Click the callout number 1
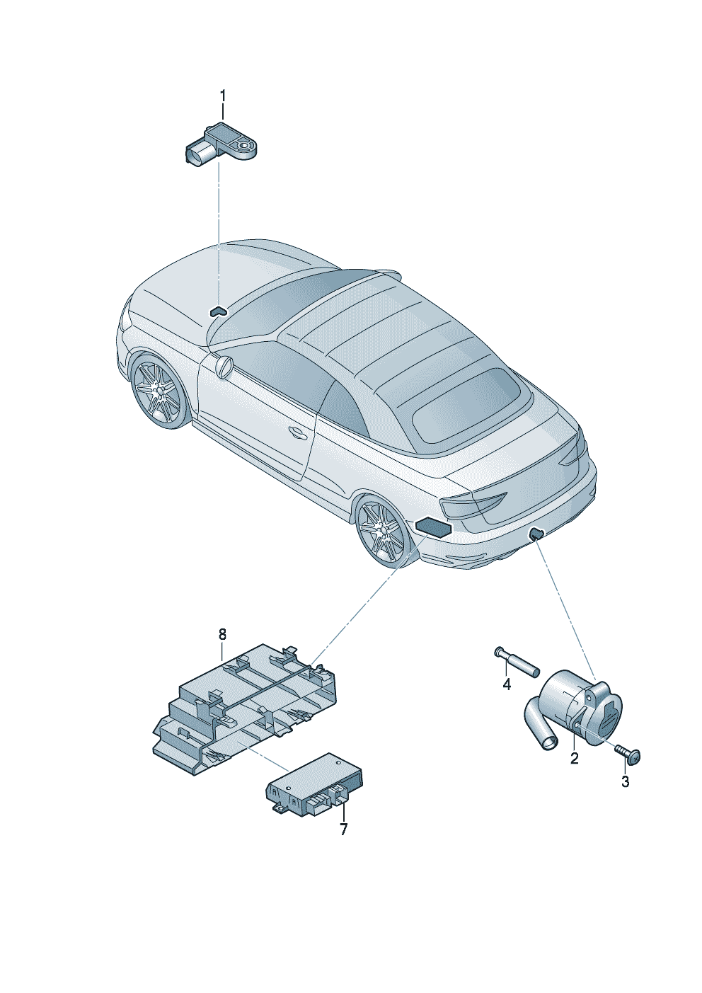[223, 96]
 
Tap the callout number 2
[574, 758]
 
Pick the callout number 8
[222, 635]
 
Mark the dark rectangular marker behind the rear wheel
[433, 527]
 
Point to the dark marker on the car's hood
[217, 311]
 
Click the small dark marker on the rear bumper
[536, 534]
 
